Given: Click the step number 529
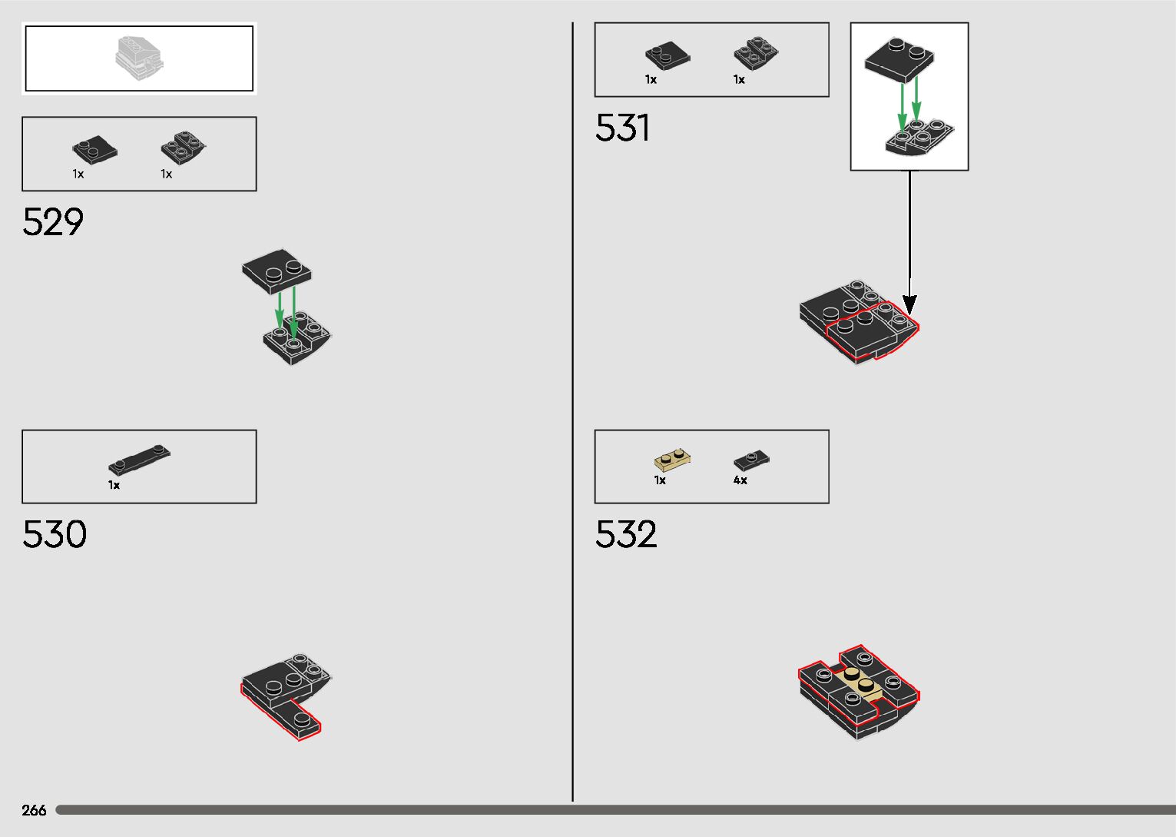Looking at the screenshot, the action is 53,221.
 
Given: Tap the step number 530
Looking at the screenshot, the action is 55,534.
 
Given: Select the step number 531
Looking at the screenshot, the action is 623,128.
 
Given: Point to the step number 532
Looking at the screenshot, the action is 626,534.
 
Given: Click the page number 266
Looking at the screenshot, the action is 34,810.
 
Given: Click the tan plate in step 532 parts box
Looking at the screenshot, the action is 672,460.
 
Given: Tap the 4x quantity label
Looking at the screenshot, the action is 740,480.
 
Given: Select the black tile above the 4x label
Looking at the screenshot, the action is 751,460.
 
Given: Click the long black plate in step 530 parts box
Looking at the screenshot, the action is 139,460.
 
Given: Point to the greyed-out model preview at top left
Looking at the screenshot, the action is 139,58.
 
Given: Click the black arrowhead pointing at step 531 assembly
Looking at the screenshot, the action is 909,305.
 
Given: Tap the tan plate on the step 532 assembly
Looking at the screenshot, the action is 861,683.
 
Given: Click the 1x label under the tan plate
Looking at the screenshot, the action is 660,480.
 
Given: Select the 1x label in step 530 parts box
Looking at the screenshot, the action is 114,485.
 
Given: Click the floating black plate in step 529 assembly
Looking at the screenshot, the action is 277,271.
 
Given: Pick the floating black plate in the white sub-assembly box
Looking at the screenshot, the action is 900,58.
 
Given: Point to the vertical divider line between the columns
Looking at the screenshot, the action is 572,415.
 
